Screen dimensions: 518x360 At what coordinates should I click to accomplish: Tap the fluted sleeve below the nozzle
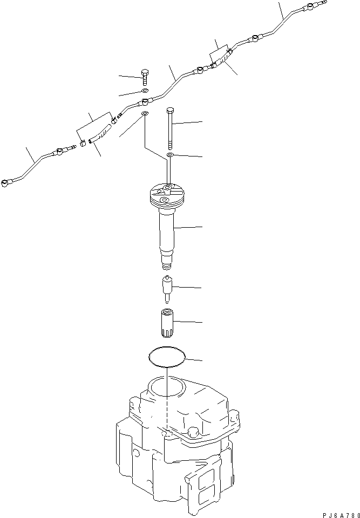[168, 322]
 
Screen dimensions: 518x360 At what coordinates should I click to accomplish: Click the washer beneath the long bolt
[170, 155]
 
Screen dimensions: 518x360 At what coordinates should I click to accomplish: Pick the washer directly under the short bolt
[145, 92]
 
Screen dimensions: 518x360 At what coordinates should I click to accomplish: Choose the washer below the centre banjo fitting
[145, 114]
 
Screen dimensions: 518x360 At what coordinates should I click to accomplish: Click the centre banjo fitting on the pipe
[145, 101]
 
